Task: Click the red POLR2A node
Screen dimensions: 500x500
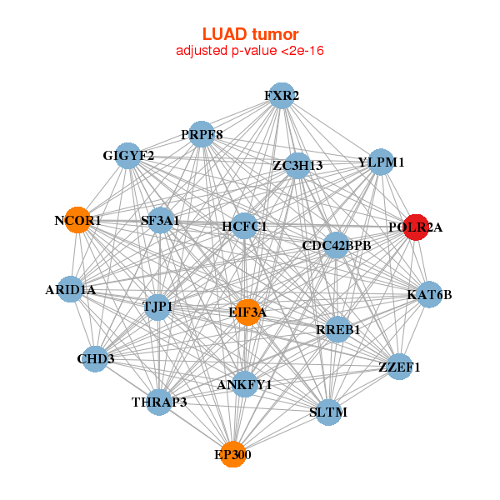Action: pyautogui.click(x=416, y=227)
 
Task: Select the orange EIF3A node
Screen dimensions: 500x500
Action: pyautogui.click(x=247, y=312)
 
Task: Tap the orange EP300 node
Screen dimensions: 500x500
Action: pyautogui.click(x=232, y=454)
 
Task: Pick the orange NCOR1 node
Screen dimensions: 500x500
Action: pyautogui.click(x=77, y=221)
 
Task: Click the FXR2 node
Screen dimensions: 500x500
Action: pyautogui.click(x=282, y=96)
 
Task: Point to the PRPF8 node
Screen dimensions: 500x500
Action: pyautogui.click(x=202, y=134)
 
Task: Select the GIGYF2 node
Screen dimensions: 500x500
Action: pyautogui.click(x=128, y=156)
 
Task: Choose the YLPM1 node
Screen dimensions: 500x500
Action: pyautogui.click(x=381, y=162)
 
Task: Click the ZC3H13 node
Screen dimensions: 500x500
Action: pyautogui.click(x=297, y=165)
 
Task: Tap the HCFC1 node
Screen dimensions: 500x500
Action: pyautogui.click(x=244, y=226)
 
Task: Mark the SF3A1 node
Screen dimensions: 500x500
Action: pyautogui.click(x=160, y=221)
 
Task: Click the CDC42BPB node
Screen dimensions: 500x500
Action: pyautogui.click(x=336, y=245)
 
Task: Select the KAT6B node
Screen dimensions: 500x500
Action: pyautogui.click(x=429, y=294)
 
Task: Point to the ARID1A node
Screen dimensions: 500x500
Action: pyautogui.click(x=71, y=290)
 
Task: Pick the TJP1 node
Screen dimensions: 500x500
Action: pyautogui.click(x=157, y=307)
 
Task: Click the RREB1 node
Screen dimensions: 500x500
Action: pyautogui.click(x=337, y=329)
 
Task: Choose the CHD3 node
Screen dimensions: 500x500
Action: pyautogui.click(x=96, y=359)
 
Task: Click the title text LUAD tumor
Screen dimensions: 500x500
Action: pyautogui.click(x=250, y=34)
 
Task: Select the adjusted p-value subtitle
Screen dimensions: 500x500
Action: pyautogui.click(x=250, y=51)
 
